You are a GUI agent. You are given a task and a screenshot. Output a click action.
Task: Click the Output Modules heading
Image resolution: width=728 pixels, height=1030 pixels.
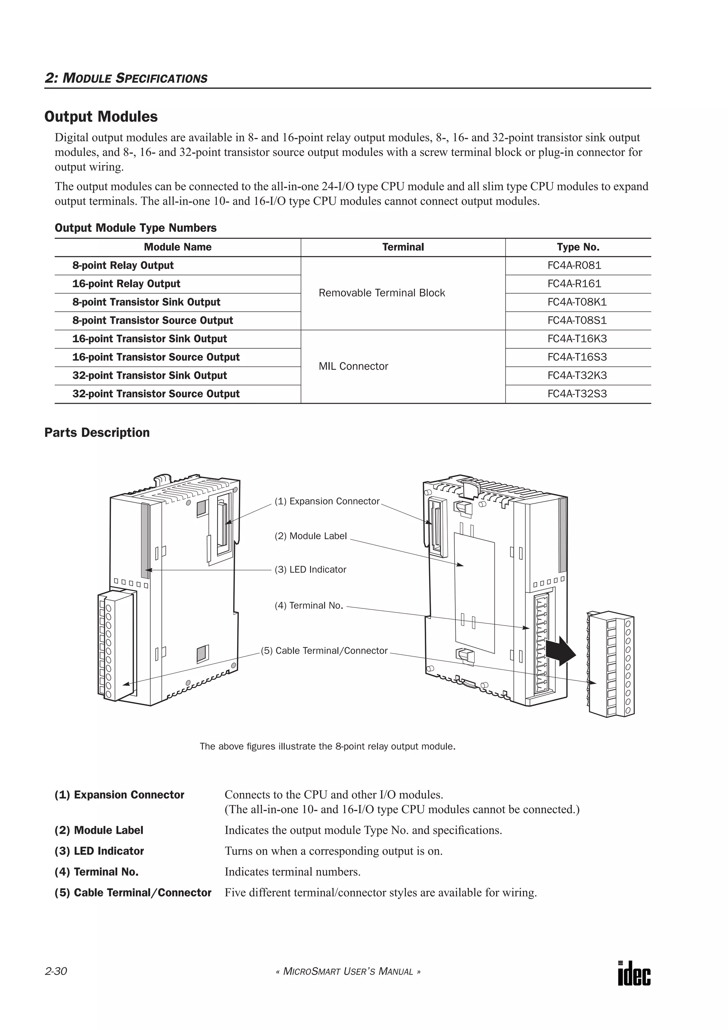coord(101,117)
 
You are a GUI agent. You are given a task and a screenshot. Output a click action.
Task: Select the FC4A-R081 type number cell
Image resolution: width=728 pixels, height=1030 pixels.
coord(574,265)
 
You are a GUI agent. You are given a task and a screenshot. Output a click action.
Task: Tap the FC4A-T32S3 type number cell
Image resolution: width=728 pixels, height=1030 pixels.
coord(577,394)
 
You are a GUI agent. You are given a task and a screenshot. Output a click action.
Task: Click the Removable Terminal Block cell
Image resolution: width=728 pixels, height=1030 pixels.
coord(382,293)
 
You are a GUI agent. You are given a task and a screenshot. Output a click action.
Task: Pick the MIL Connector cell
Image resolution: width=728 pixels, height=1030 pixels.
coord(353,366)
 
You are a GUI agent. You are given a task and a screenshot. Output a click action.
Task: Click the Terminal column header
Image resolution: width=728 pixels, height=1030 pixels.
coord(403,247)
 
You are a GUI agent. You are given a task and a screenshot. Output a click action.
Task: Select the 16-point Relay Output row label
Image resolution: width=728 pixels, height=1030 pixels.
coord(127,284)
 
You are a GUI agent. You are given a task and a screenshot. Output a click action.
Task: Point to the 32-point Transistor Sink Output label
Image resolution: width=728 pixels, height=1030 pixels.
coord(150,375)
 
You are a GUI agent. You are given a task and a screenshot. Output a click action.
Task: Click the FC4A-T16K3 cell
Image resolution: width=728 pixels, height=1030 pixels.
coord(577,339)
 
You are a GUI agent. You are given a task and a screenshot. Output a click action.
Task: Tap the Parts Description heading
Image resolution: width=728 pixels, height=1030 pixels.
coord(97,433)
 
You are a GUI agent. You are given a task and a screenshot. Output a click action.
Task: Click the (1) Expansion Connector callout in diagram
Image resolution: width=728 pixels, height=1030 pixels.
coord(327,501)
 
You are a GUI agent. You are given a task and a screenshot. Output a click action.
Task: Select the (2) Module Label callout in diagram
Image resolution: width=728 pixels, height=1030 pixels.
coord(311,536)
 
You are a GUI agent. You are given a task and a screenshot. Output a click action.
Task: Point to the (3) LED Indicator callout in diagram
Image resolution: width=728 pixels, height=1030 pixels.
coord(311,570)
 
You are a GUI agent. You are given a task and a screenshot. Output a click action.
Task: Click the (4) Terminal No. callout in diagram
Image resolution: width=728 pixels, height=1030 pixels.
coord(309,606)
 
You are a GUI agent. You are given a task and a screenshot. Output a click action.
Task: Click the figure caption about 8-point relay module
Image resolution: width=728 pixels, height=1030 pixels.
coord(327,746)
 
